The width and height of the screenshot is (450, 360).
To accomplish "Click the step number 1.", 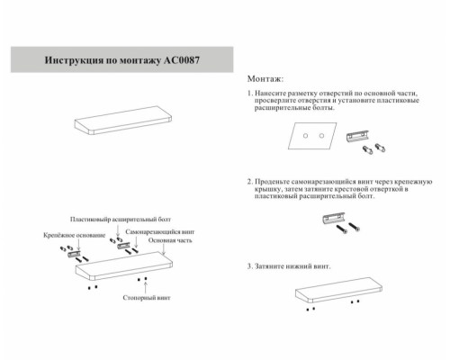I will pos(249,94).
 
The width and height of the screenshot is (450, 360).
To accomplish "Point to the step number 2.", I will pos(249,182).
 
